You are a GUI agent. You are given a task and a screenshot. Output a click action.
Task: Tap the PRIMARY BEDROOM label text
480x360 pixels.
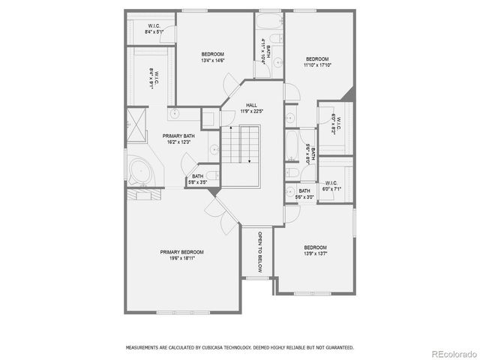tap(181, 252)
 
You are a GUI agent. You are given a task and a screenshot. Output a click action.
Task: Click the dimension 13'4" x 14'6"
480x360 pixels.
tap(213, 61)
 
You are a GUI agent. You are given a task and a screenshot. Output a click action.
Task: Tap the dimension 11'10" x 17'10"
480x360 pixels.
tap(316, 65)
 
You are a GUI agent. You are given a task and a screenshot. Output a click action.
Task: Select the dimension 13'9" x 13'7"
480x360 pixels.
tap(315, 253)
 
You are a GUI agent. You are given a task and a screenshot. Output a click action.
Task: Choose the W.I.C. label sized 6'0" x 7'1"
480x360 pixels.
tap(331, 190)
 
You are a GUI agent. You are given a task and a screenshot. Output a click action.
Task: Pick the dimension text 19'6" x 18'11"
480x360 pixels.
tap(181, 259)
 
